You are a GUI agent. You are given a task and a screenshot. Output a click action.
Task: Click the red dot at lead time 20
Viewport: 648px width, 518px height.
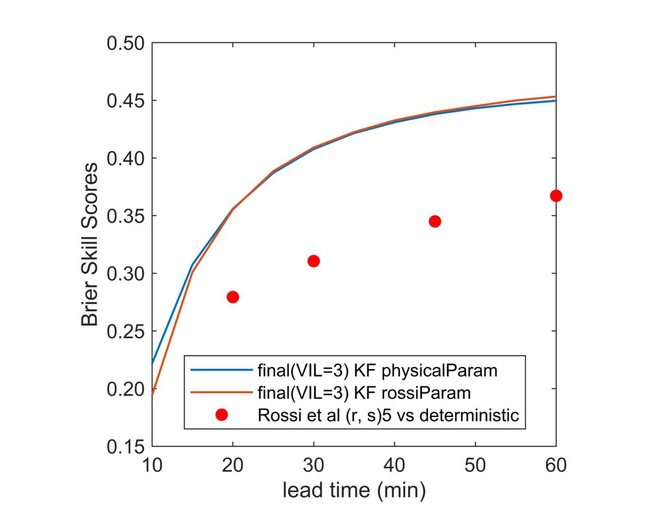tap(233, 297)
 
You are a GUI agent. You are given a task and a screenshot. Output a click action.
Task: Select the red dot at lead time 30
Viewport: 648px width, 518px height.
tap(314, 261)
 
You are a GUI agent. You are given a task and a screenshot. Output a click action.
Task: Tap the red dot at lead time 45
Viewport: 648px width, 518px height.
tap(435, 221)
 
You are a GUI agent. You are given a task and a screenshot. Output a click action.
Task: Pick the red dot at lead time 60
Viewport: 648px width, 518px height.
tap(555, 196)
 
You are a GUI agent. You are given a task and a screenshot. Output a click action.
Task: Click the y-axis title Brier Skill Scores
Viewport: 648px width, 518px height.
tap(90, 245)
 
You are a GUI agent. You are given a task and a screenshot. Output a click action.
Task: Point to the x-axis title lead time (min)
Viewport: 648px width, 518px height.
tap(354, 491)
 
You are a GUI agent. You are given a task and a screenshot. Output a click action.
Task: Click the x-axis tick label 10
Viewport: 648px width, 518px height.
tap(152, 465)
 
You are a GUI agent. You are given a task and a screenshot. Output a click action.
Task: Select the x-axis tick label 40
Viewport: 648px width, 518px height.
tap(395, 465)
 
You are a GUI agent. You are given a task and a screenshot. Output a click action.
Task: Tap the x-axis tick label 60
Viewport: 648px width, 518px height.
tap(555, 465)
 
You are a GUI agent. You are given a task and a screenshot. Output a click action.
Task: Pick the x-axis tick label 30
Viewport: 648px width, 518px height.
tap(314, 465)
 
